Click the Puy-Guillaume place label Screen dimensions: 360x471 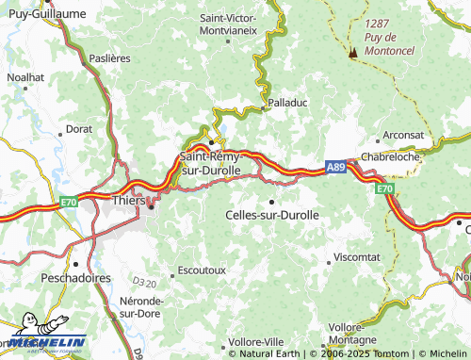pos(45,13)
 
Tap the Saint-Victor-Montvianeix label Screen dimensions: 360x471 pos(229,24)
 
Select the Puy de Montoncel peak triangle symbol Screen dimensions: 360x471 pos(353,53)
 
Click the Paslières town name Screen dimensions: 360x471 pos(109,58)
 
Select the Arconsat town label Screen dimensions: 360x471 pos(403,135)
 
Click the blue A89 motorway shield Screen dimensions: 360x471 pos(336,167)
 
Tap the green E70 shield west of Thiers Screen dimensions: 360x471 pos(68,201)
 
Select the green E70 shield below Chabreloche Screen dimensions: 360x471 pos(384,189)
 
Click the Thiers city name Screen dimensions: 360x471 pos(128,201)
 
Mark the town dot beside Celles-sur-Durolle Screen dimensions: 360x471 pos(272,201)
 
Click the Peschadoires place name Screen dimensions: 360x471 pos(76,279)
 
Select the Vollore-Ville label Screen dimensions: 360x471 pos(255,340)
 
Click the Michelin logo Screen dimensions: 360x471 pos(43,345)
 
